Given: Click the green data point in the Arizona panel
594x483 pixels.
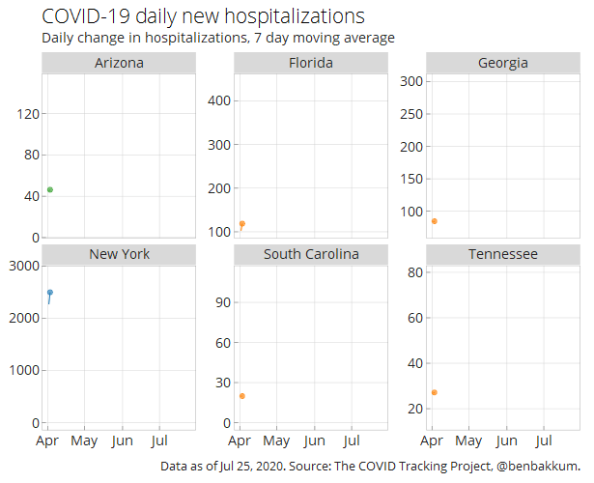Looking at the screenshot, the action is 50,189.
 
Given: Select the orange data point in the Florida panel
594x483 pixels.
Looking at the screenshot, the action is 242,224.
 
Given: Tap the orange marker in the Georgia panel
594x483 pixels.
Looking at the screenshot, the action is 435,221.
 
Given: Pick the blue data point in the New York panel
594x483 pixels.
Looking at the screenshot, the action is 50,293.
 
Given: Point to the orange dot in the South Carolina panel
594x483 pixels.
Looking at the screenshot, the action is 242,396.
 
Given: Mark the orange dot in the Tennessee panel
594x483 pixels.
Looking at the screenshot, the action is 435,392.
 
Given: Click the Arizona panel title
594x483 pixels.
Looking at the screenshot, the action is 119,63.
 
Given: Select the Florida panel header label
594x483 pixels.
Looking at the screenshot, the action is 311,63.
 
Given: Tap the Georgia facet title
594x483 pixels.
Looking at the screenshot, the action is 503,63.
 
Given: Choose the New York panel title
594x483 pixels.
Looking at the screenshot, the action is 120,254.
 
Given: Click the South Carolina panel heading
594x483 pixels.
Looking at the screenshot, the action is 311,254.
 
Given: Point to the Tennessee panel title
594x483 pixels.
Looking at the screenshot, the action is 503,254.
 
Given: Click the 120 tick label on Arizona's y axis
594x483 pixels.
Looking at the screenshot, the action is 28,114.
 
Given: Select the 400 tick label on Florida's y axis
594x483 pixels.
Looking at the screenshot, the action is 219,101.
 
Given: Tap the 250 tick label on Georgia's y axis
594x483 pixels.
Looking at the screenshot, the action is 411,114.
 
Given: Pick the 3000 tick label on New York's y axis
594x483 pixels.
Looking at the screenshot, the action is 24,266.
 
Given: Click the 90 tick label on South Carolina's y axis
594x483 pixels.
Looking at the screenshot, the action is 223,302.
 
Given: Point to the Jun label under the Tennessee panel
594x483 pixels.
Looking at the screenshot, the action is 506,440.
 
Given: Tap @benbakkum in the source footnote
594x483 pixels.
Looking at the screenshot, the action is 538,466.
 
